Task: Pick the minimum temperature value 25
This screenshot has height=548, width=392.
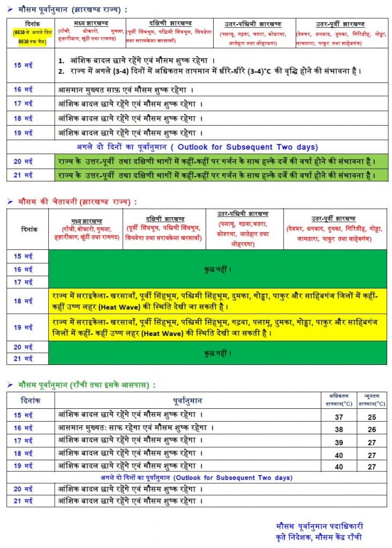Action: point(372,417)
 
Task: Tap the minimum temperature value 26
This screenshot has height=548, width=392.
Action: point(372,429)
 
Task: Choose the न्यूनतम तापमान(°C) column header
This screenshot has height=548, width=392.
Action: point(372,400)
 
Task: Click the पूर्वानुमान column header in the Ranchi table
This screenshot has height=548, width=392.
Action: point(187,400)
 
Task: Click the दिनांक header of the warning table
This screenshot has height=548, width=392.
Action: point(27,229)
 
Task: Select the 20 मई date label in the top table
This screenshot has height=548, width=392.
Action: point(24,161)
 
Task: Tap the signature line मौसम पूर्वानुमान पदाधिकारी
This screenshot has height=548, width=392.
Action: point(319,526)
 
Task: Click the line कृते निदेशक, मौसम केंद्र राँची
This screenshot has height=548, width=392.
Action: point(319,537)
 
